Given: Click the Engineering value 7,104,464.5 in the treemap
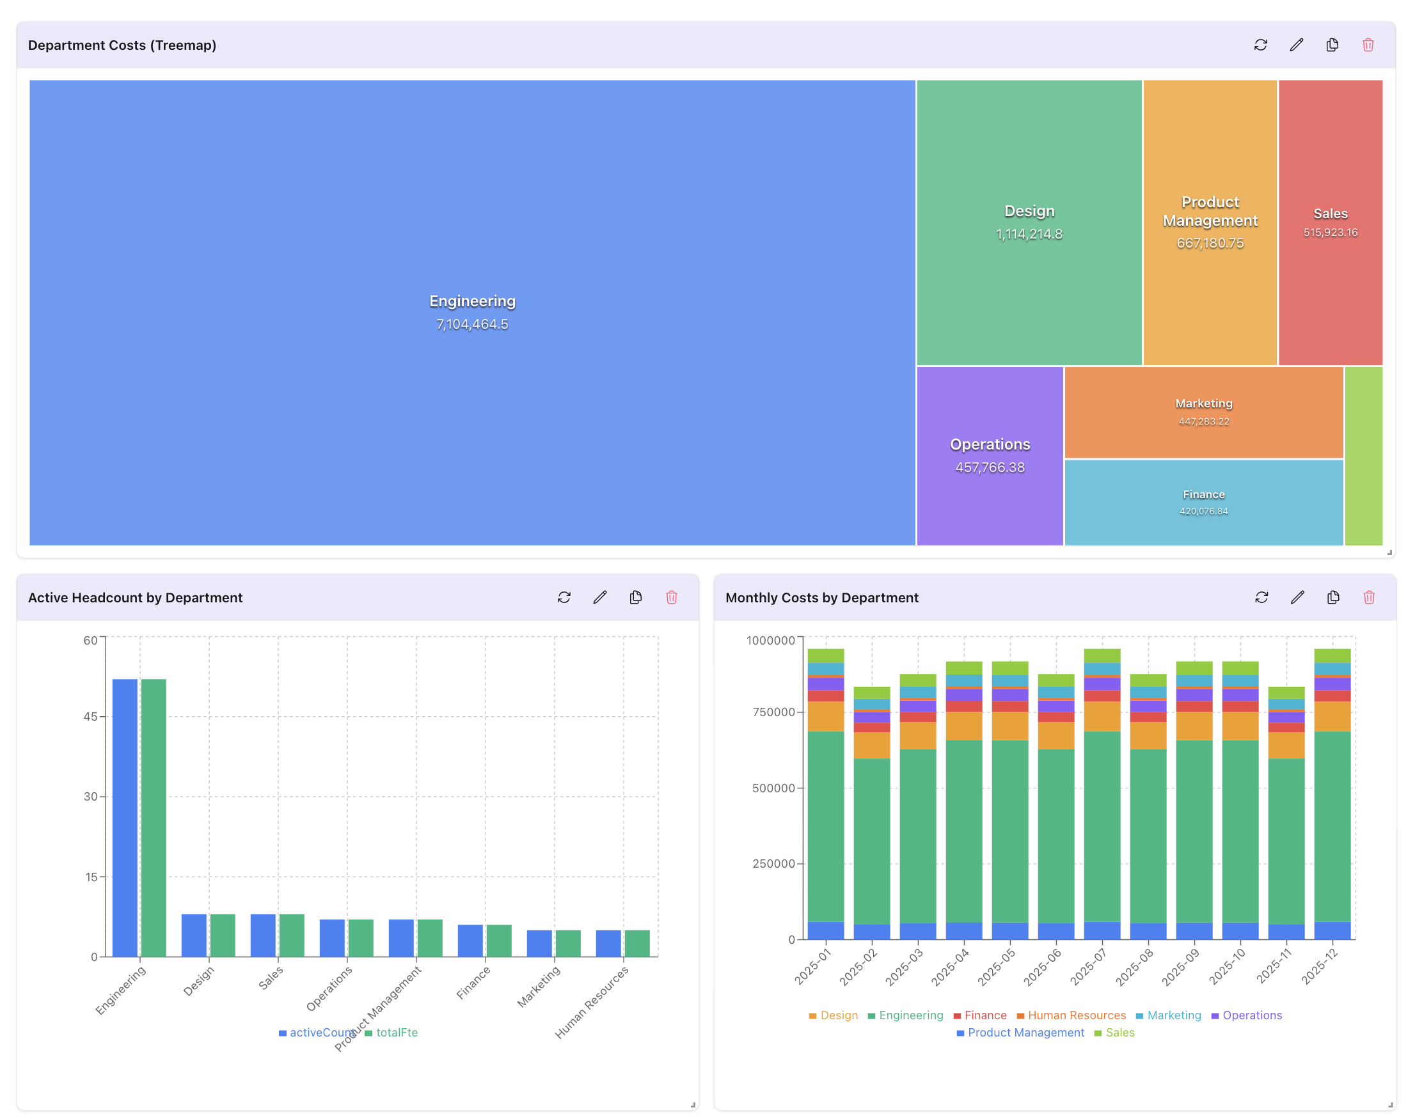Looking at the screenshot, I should point(472,324).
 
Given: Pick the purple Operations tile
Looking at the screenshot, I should point(990,455).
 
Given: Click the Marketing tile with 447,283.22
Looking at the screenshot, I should point(1203,411).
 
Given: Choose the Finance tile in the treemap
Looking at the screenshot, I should point(1203,502).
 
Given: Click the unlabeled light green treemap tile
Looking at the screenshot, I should point(1363,455).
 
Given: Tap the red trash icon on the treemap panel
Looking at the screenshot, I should point(1368,45).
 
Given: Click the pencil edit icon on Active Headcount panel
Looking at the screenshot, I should point(599,597).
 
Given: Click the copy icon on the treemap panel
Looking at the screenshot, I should point(1332,45).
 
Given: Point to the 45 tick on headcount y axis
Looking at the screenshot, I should point(90,717).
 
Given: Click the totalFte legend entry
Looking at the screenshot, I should point(391,1033).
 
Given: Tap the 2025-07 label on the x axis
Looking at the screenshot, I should point(1088,966).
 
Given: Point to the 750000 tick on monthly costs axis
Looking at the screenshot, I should point(773,712).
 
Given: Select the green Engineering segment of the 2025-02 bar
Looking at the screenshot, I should point(872,842).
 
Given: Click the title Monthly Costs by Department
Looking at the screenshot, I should point(821,597).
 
